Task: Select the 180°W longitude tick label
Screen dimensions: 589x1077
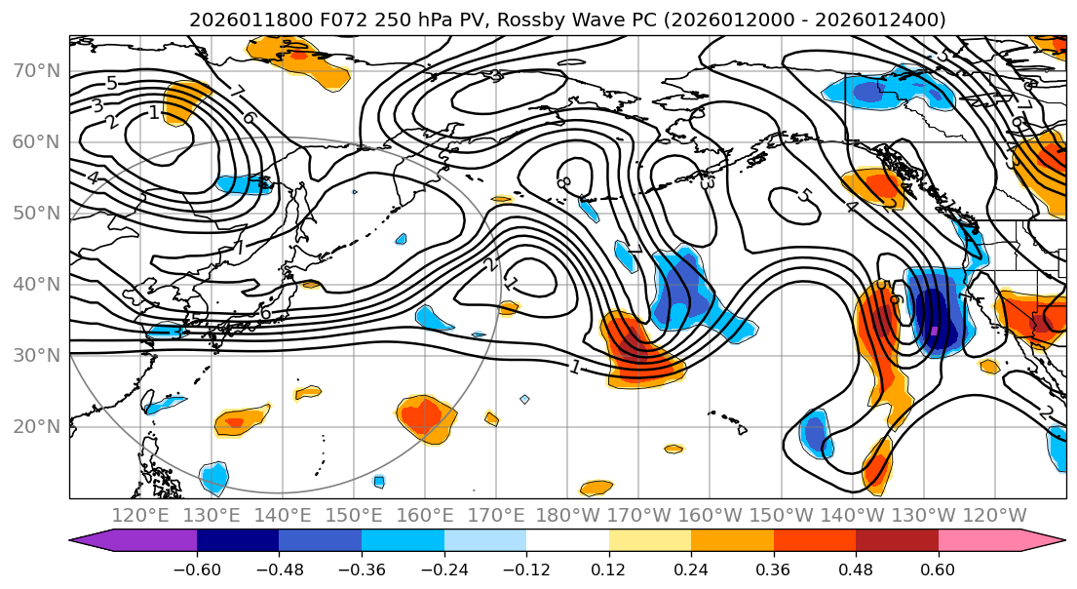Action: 570,515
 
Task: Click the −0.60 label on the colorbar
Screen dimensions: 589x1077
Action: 197,569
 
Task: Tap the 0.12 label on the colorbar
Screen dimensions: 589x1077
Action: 608,569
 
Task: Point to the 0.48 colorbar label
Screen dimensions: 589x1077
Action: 856,569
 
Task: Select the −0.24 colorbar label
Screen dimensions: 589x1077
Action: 443,569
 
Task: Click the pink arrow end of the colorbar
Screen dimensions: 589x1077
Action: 1048,540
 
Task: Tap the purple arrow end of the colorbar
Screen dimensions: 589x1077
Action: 93,540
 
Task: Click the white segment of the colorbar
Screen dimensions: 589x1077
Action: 567,540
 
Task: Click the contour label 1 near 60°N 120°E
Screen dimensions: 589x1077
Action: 154,113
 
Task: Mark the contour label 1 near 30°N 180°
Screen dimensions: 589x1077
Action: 575,367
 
